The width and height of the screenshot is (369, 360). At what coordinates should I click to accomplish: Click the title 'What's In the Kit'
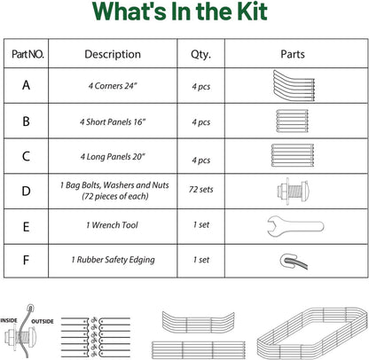click(180, 12)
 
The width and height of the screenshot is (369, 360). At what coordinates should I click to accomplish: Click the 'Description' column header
click(113, 54)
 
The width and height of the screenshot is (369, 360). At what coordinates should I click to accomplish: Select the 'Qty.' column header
click(200, 54)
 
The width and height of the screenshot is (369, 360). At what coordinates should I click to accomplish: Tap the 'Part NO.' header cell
click(27, 54)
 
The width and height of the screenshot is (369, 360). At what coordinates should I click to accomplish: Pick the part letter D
click(26, 191)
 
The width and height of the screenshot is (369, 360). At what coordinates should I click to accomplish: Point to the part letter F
click(26, 261)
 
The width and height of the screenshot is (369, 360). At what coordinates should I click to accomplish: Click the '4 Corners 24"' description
click(113, 86)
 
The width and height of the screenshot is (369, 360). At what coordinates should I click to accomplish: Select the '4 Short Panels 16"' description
click(113, 121)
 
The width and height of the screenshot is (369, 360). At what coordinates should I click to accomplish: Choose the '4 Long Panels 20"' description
click(113, 156)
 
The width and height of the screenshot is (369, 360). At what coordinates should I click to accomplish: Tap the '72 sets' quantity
click(201, 189)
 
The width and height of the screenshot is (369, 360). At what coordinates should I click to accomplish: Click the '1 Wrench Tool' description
click(112, 225)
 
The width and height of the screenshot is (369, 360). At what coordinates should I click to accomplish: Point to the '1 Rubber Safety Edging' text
click(113, 260)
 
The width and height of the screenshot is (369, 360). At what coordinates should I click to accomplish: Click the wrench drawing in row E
click(295, 226)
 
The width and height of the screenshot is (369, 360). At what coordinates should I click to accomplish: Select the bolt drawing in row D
click(293, 191)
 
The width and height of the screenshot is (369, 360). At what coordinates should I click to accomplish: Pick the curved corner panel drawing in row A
click(294, 86)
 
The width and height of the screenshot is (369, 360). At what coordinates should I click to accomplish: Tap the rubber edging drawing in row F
click(294, 261)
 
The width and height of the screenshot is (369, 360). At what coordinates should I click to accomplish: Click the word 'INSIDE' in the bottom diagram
click(9, 320)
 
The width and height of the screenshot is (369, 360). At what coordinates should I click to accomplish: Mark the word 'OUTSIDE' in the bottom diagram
click(43, 321)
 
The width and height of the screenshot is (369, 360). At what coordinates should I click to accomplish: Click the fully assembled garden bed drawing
click(312, 333)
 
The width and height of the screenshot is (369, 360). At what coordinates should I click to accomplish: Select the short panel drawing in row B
click(293, 121)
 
